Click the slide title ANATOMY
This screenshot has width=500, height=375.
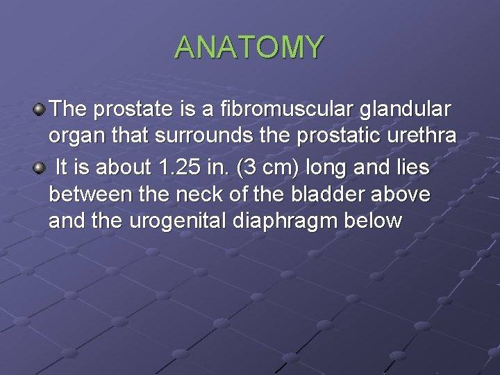click(249, 47)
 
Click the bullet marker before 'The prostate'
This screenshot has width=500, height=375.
click(40, 108)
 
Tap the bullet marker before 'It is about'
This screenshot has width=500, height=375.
click(40, 167)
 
